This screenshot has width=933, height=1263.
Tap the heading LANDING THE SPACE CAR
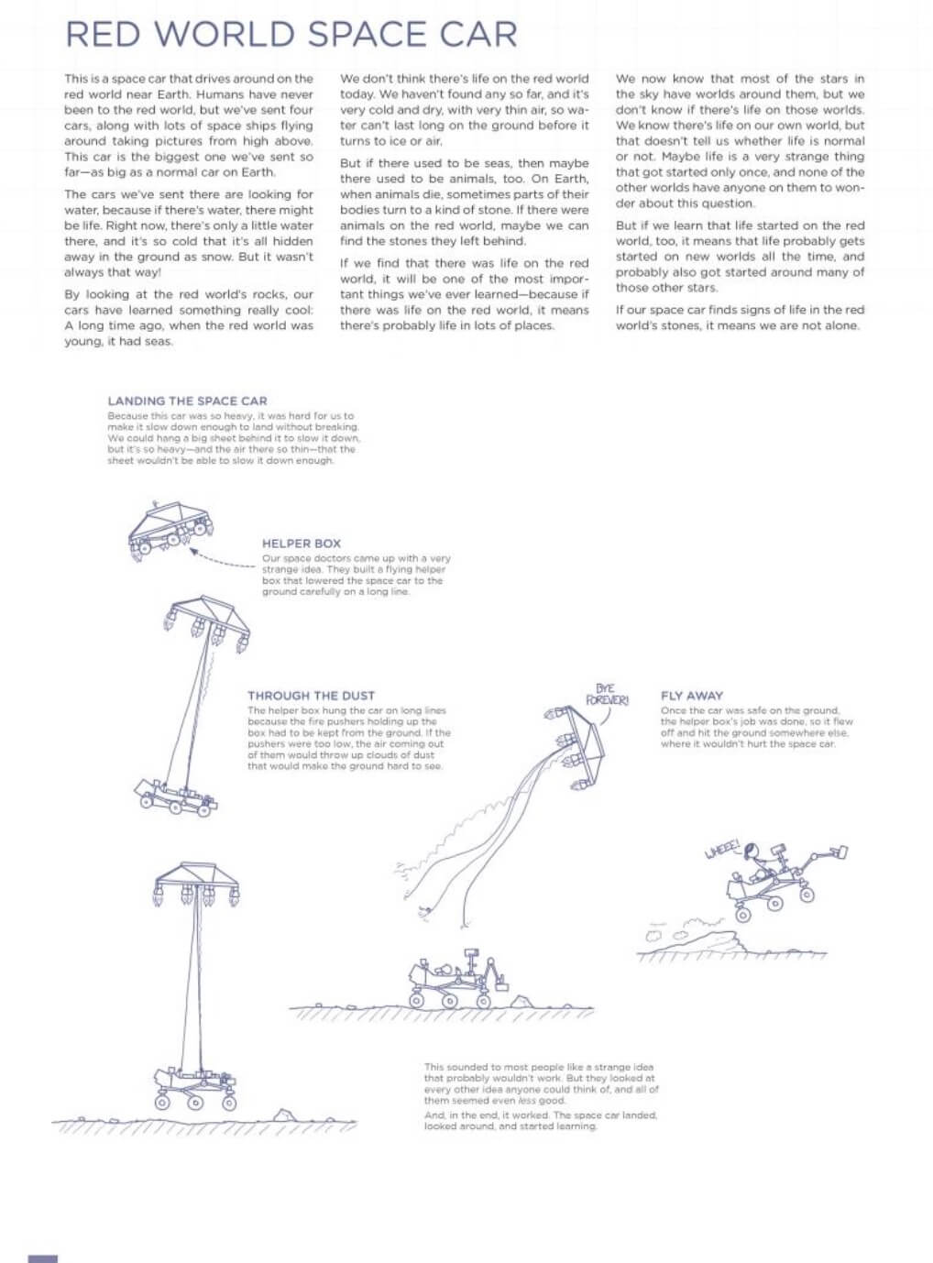[x=187, y=401]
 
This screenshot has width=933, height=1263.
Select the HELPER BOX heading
[x=301, y=544]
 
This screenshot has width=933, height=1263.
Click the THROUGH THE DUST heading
[x=311, y=696]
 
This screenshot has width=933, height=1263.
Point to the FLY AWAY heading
[x=691, y=696]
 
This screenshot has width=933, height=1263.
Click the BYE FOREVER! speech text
[x=607, y=695]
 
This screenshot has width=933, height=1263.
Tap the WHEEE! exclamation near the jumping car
[x=721, y=850]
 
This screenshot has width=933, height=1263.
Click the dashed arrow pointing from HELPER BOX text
[x=222, y=560]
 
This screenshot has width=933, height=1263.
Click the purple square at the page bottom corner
[x=42, y=1258]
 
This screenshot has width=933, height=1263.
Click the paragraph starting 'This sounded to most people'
[x=540, y=1083]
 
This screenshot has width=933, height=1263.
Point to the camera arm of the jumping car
[x=825, y=857]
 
